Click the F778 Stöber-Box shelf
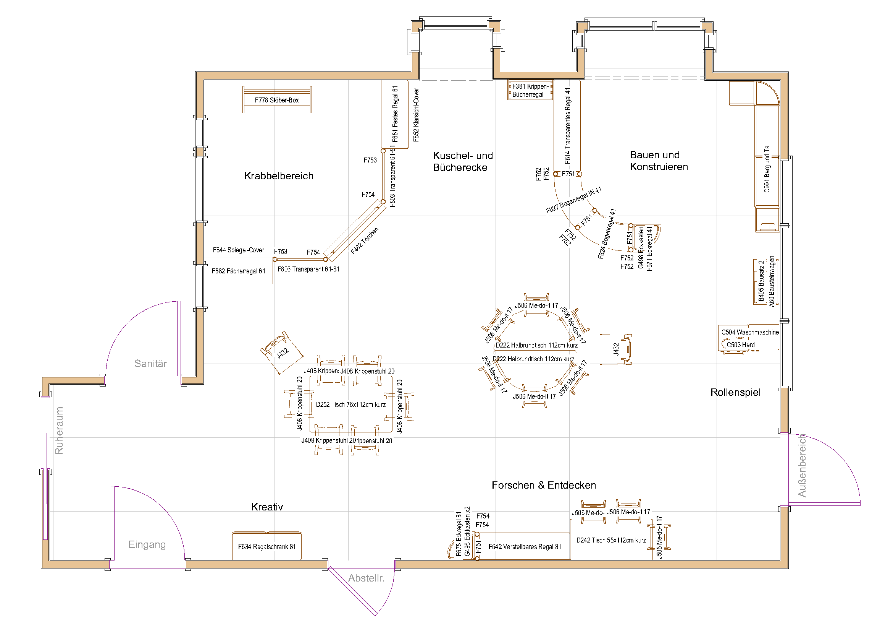(276, 100)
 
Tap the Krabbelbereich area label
(278, 176)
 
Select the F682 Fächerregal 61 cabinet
(238, 271)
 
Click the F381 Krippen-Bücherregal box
(530, 90)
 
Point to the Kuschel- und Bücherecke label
(462, 162)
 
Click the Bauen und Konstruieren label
(659, 161)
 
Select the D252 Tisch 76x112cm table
(350, 405)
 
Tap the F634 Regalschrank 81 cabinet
(266, 547)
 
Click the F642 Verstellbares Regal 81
(524, 547)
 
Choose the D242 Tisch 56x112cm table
(610, 540)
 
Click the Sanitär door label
(150, 364)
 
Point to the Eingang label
(147, 544)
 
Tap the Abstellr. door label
(366, 578)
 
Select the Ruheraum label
(59, 431)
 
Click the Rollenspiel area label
(735, 392)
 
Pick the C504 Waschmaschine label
(749, 332)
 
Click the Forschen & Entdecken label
(543, 485)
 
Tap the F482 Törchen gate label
(365, 241)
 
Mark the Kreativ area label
(267, 507)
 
